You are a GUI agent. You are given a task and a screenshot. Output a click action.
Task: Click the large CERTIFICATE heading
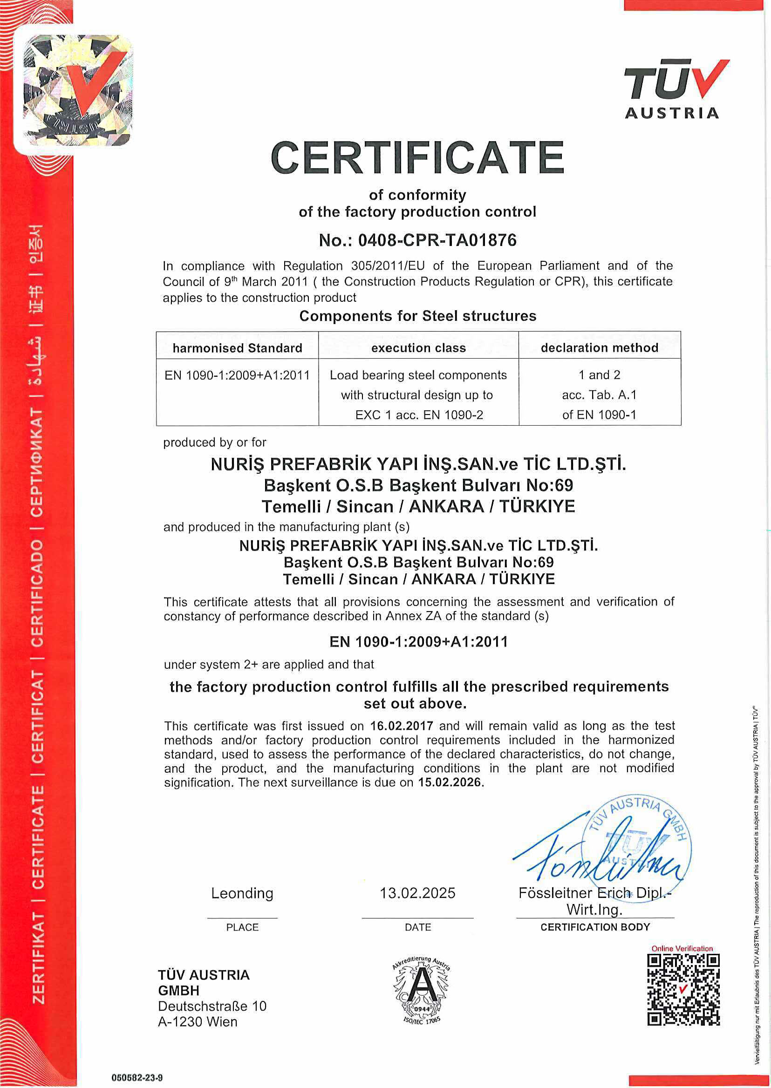(x=417, y=157)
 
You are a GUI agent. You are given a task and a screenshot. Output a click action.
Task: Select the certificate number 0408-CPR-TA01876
(x=437, y=240)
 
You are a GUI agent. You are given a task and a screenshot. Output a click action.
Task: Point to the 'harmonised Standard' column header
(x=238, y=348)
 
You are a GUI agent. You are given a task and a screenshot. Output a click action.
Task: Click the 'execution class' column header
(x=418, y=348)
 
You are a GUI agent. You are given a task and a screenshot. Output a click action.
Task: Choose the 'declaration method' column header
(x=599, y=347)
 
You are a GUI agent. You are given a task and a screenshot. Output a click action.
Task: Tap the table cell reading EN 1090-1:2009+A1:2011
(x=238, y=375)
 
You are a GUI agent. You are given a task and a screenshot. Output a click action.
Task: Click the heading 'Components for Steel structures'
(x=418, y=316)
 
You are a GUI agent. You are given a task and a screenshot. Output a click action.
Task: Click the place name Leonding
(x=242, y=893)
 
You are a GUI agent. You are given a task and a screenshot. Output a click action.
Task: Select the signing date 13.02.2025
(x=417, y=893)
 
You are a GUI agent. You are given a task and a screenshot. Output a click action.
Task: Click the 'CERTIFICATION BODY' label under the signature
(x=595, y=927)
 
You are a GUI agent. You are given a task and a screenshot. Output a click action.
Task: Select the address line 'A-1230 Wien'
(x=198, y=1022)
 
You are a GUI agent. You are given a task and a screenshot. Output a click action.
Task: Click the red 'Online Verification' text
(x=682, y=948)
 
